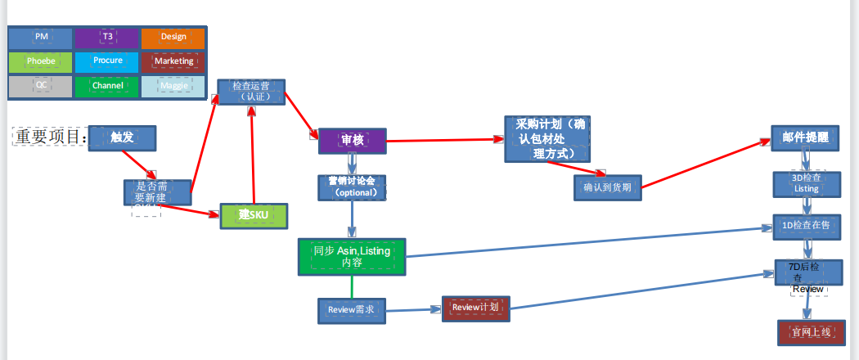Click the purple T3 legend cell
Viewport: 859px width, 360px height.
click(107, 38)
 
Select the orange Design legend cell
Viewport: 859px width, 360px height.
click(173, 38)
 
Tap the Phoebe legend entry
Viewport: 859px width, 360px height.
click(41, 62)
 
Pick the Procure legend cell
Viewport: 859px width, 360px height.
click(107, 62)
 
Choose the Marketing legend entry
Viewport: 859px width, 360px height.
click(173, 62)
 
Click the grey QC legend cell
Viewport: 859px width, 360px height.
click(41, 86)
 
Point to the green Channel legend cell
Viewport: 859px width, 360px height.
click(107, 86)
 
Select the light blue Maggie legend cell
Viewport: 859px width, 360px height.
click(173, 86)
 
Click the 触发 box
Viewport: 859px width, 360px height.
click(122, 138)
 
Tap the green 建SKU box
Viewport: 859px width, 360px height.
click(254, 215)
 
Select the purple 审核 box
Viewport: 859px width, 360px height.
click(352, 141)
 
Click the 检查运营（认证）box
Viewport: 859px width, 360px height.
click(250, 92)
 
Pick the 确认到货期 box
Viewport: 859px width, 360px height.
click(607, 187)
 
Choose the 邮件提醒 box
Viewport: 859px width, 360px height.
click(805, 138)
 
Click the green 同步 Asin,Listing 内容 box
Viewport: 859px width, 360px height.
click(352, 256)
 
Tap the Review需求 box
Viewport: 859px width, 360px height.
click(351, 310)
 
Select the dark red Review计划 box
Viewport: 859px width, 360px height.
click(474, 308)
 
